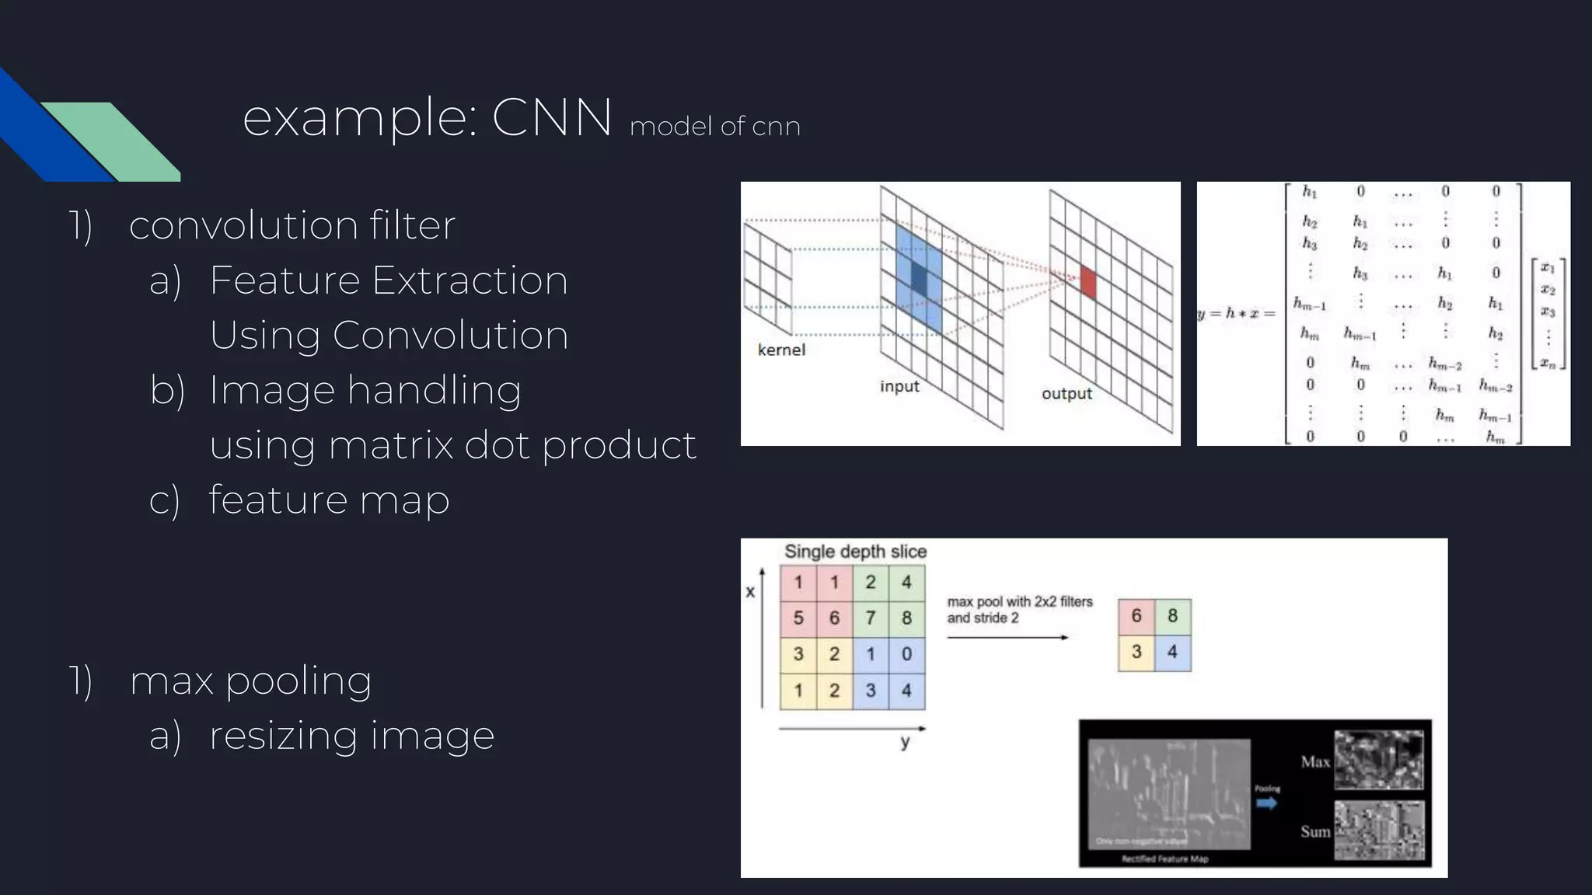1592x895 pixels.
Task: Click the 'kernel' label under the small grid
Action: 781,350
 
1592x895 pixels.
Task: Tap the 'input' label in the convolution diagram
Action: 899,386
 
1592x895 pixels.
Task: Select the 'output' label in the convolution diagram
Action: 1067,394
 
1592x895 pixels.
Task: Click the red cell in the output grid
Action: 1088,282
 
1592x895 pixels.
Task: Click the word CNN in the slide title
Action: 551,118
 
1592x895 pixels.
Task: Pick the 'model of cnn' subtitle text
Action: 714,126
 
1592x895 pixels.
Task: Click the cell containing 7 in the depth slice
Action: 871,618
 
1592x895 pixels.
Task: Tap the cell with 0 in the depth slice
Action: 906,654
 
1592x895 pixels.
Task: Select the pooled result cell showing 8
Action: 1172,616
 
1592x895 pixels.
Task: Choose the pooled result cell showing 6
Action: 1136,616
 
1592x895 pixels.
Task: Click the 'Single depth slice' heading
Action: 855,552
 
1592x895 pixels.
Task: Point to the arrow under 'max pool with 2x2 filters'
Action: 1007,638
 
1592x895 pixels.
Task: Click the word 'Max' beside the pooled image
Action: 1315,762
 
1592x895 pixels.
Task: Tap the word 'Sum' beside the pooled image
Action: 1315,831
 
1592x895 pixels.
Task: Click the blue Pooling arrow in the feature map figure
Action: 1267,803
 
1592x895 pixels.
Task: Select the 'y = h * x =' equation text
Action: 1236,314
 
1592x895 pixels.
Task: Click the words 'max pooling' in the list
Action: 250,681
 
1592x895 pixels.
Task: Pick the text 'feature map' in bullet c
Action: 329,500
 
